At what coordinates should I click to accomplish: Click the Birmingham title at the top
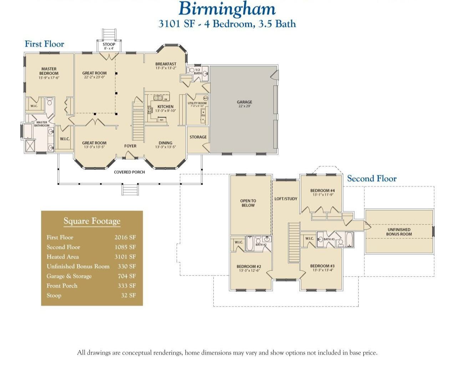pyautogui.click(x=227, y=9)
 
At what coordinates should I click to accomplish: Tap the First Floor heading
pyautogui.click(x=44, y=44)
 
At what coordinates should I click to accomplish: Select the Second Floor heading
pyautogui.click(x=372, y=178)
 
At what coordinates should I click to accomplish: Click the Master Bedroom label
pyautogui.click(x=49, y=71)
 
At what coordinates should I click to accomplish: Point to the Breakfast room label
pyautogui.click(x=166, y=64)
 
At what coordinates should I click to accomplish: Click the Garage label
pyautogui.click(x=244, y=102)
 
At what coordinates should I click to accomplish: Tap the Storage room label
pyautogui.click(x=198, y=137)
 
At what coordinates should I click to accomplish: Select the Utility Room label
pyautogui.click(x=197, y=103)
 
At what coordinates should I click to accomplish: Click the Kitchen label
pyautogui.click(x=165, y=107)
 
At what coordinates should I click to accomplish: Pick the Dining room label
pyautogui.click(x=165, y=143)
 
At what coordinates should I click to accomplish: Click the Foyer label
pyautogui.click(x=130, y=146)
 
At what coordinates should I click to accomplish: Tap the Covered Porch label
pyautogui.click(x=129, y=172)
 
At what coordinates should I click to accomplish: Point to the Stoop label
pyautogui.click(x=109, y=45)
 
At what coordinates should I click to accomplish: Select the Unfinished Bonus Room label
pyautogui.click(x=399, y=232)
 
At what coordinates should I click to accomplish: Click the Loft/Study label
pyautogui.click(x=285, y=199)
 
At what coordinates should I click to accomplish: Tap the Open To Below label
pyautogui.click(x=248, y=203)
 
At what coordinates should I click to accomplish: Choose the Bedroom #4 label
pyautogui.click(x=322, y=191)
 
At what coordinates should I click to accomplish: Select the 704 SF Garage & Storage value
pyautogui.click(x=127, y=276)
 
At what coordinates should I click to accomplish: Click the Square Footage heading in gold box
pyautogui.click(x=92, y=221)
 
